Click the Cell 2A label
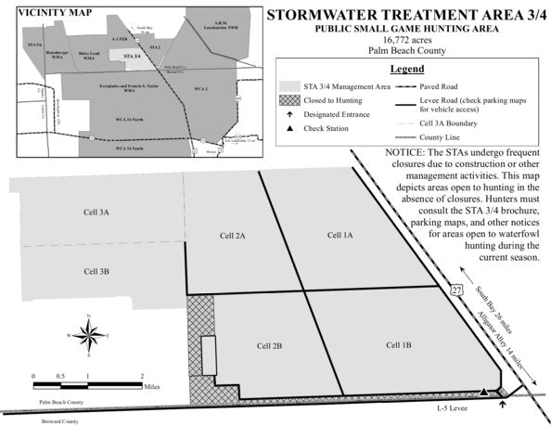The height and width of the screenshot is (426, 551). click(232, 236)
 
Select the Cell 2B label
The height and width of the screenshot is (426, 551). click(269, 345)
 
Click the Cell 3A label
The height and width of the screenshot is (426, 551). click(96, 213)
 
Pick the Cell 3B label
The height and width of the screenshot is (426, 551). click(96, 271)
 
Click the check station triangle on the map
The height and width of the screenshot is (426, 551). click(484, 393)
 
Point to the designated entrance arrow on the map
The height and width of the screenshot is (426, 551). click(502, 402)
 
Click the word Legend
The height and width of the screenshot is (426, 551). click(407, 70)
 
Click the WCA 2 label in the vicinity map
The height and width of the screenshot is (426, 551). click(199, 88)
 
